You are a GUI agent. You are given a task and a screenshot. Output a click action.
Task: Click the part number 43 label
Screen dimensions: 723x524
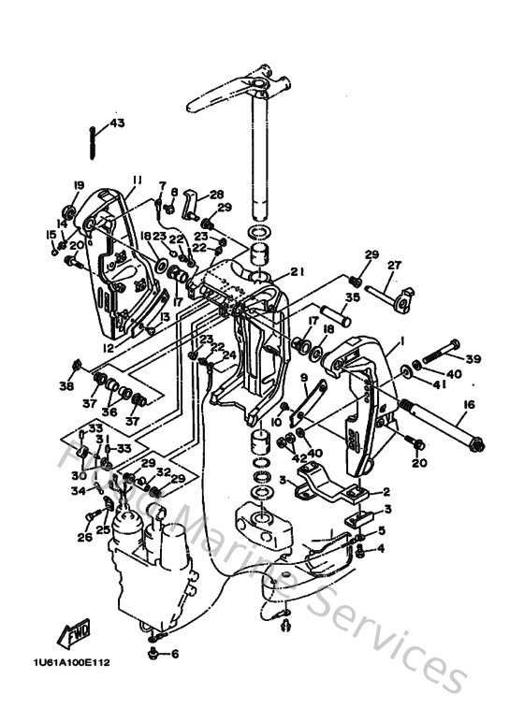[x=116, y=123]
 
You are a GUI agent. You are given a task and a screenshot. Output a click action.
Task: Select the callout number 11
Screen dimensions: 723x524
[x=137, y=180]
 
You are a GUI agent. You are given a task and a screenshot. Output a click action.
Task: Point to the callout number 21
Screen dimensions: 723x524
[x=298, y=272]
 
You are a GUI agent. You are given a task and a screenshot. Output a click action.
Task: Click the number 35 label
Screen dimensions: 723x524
[x=352, y=299]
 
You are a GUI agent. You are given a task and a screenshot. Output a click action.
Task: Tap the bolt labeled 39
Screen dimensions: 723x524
[x=441, y=356]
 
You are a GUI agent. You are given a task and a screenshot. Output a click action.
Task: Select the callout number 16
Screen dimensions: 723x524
[x=468, y=404]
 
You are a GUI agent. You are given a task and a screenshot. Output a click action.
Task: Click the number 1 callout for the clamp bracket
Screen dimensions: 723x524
[x=399, y=341]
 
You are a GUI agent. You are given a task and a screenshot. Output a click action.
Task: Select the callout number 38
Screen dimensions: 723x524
[x=66, y=385]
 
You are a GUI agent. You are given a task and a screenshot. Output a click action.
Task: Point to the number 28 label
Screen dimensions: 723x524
[x=217, y=194]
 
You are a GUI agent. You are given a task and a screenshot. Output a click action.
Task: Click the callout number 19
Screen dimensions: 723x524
[x=79, y=185]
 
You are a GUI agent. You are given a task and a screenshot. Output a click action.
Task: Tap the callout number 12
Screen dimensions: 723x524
[x=108, y=348]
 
